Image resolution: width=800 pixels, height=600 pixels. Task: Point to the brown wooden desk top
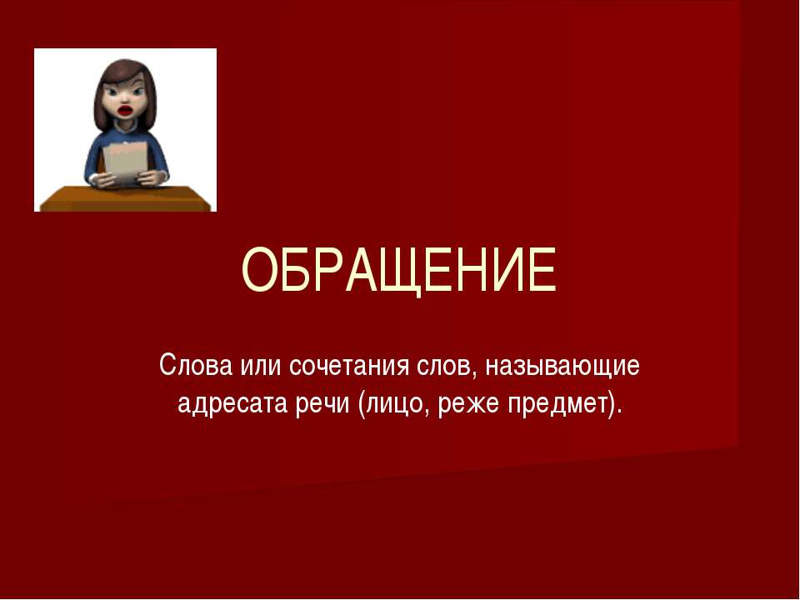125,198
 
